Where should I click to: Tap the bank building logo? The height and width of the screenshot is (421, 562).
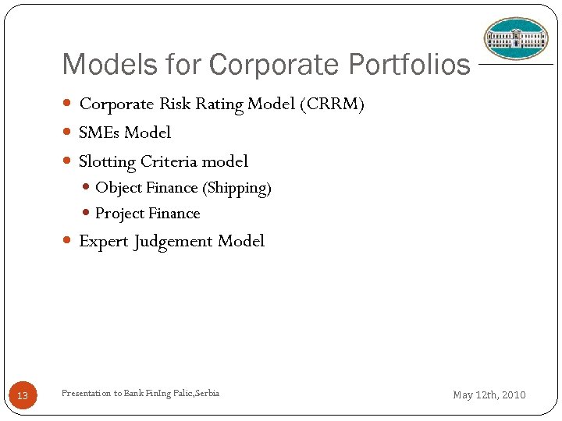(x=516, y=38)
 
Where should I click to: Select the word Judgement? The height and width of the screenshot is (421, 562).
(x=173, y=242)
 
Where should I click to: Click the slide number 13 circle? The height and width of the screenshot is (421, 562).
(x=23, y=395)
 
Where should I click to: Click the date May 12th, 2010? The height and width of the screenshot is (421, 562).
(x=489, y=395)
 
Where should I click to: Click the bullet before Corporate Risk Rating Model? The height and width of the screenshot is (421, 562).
(x=68, y=104)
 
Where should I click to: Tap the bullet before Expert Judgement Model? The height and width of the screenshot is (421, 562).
(x=68, y=241)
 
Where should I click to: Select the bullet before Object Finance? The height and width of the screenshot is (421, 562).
(x=87, y=188)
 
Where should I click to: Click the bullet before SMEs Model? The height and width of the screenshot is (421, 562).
(x=68, y=133)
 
